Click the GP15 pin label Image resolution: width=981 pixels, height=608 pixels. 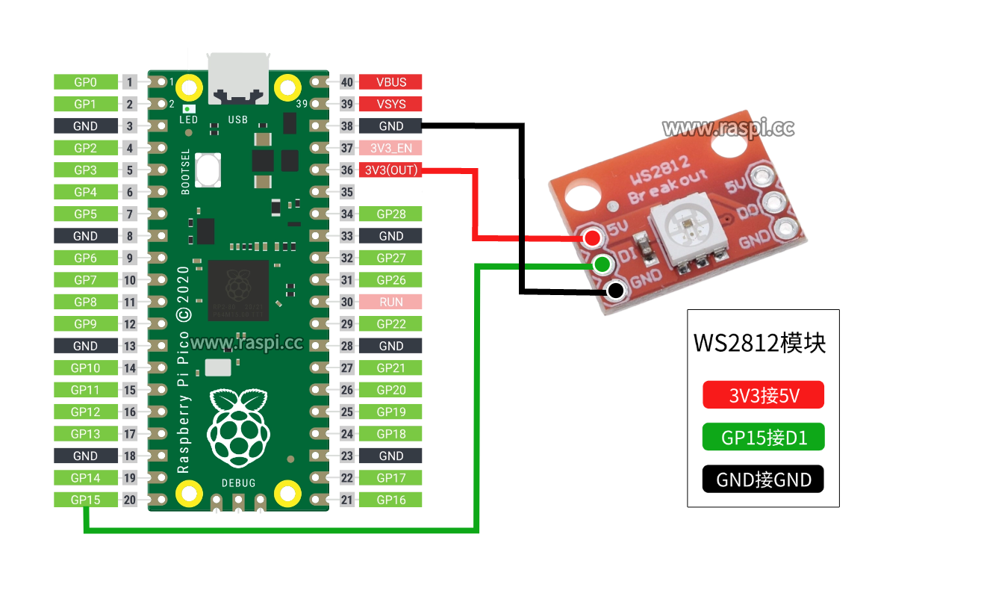86,500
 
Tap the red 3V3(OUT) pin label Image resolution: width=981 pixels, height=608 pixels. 390,170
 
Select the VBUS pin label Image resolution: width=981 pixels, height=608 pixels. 390,82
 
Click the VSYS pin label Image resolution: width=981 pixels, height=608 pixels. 390,104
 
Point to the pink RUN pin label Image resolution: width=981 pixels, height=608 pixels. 390,302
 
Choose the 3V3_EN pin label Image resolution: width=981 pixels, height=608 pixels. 390,148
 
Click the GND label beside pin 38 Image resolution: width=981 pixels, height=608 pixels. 390,126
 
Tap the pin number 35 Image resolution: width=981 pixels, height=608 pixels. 347,192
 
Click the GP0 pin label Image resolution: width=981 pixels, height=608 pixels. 86,82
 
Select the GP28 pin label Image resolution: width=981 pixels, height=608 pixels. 390,214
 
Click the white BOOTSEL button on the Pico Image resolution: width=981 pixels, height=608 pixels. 208,170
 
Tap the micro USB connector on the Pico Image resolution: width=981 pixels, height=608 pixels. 238,79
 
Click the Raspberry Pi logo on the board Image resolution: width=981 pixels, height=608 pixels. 239,428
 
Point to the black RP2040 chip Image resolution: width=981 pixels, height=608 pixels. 238,291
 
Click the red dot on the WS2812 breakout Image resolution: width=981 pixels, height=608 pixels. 593,238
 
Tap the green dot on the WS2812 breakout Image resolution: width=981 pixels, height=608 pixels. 602,264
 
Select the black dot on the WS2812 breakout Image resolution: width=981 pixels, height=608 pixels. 616,291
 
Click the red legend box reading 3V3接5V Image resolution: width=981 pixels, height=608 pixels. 763,394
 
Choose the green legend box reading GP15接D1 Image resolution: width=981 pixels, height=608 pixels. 763,437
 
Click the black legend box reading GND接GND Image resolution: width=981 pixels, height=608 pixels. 763,479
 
